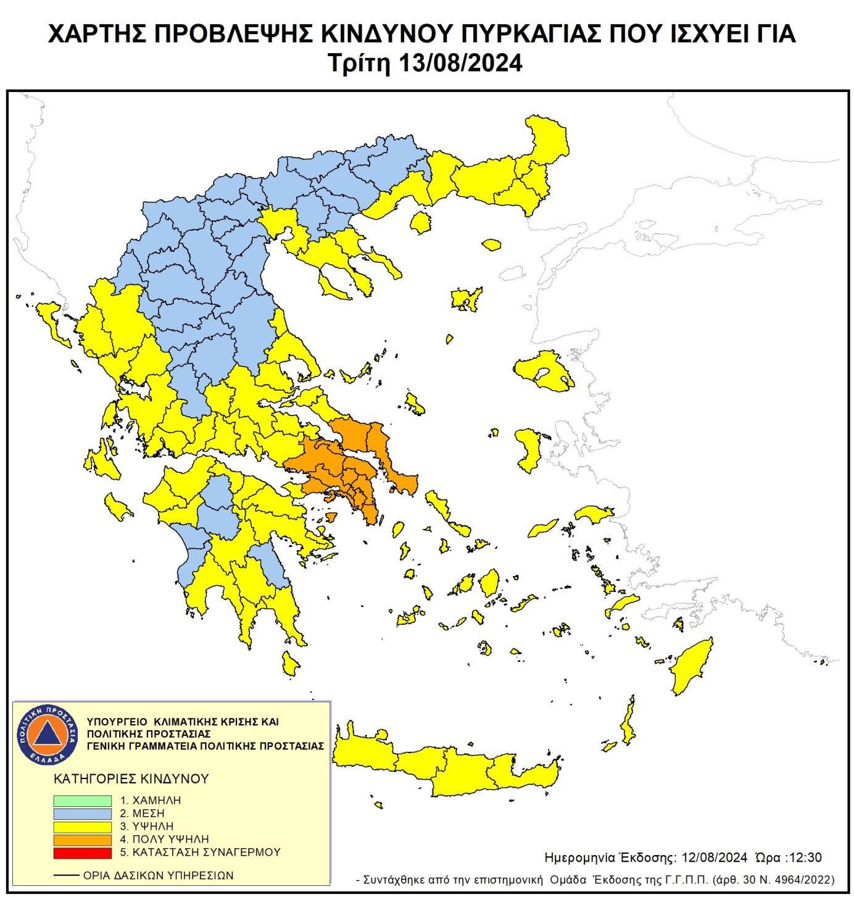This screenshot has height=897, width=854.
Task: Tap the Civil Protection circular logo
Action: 48,734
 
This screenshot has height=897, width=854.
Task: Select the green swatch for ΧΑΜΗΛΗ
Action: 82,800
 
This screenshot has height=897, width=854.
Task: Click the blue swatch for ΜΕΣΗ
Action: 82,813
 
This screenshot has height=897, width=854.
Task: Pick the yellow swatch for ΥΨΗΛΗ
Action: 82,826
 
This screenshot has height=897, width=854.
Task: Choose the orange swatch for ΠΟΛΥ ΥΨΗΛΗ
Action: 82,840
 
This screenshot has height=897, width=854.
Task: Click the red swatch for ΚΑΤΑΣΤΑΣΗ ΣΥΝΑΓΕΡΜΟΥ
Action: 82,853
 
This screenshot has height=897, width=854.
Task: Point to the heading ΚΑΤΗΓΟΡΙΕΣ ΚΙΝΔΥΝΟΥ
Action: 131,778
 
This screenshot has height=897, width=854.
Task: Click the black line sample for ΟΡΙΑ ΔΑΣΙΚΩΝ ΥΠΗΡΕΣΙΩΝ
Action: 66,875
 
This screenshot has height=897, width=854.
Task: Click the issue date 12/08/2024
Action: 714,857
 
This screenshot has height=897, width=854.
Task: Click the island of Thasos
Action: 421,222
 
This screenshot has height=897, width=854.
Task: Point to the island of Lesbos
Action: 543,370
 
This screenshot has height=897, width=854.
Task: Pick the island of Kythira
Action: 289,663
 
